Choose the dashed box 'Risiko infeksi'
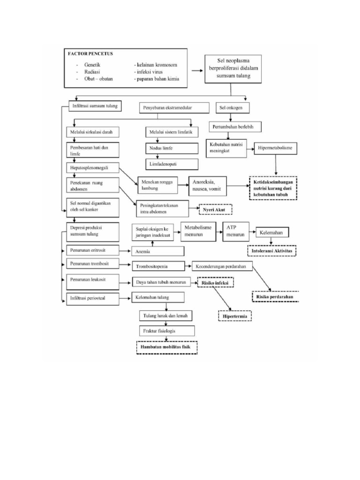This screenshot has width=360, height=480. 215,284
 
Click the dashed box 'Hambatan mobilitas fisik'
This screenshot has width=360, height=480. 166,347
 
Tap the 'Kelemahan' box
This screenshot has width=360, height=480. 272,232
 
